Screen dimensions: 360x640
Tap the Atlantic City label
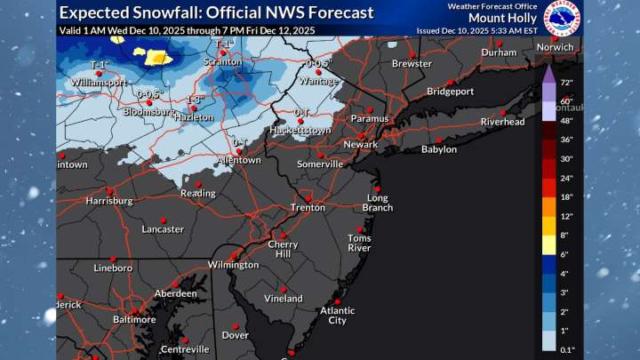coord(337,316)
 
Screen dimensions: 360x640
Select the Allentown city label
coord(241,161)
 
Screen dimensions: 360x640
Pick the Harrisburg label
coord(109,201)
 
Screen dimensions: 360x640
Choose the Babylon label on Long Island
coord(438,149)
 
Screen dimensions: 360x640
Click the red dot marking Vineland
coord(283,289)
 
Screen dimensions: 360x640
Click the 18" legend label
coord(566,196)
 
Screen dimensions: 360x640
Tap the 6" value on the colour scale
coord(564,253)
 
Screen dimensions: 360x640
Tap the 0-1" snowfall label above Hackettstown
coord(304,112)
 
